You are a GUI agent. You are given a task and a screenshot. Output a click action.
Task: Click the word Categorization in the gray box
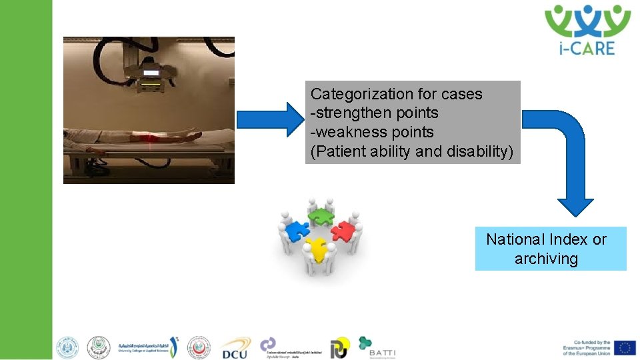point(353,94)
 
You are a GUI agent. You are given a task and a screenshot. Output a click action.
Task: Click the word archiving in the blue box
point(546,259)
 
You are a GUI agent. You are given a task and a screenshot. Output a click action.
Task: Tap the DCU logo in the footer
point(235,347)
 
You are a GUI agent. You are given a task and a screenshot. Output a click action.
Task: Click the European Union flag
point(625,347)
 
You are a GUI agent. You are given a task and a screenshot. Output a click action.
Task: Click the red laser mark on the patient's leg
point(152,136)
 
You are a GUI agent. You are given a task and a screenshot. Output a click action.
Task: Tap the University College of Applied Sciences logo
point(148,347)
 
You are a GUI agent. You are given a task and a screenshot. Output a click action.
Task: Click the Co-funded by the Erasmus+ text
point(586,348)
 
